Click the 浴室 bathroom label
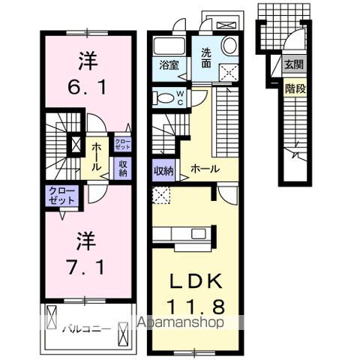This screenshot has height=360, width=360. pos(168,65)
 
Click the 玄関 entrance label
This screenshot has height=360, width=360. pos(293,65)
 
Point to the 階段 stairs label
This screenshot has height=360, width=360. pos(293,88)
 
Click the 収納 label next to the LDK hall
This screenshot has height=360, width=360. pos(163,170)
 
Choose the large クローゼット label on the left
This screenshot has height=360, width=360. pos(61,197)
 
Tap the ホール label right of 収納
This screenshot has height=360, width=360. pos(204,169)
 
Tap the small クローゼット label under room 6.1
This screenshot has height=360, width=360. pos(122,142)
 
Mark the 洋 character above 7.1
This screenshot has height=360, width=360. pos(83,242)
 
